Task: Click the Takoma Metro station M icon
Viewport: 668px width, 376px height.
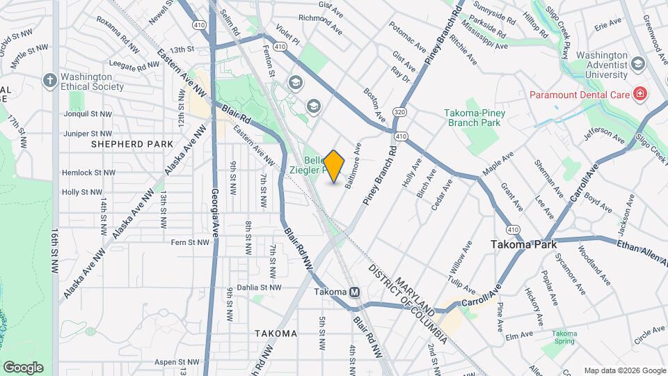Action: (x=356, y=292)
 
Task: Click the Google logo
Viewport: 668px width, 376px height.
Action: (x=23, y=367)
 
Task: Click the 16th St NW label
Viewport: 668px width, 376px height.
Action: (x=54, y=253)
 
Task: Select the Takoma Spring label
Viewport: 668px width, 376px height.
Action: (x=564, y=338)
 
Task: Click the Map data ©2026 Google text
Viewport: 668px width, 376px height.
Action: (x=624, y=370)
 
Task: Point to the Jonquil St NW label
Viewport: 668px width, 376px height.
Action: (x=87, y=113)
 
